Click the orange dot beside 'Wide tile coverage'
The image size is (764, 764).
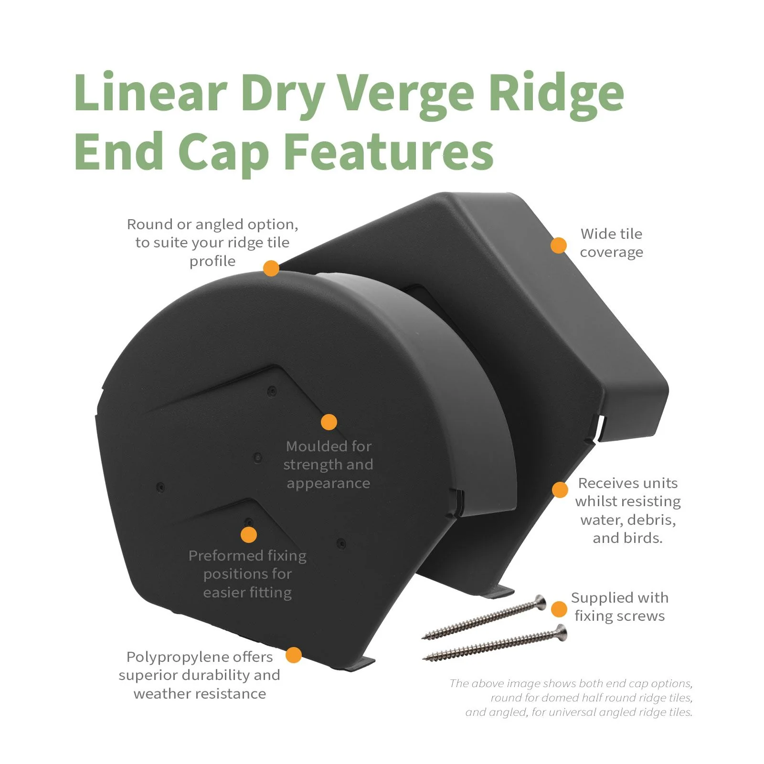coord(558,245)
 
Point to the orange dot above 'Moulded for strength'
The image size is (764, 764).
coord(329,422)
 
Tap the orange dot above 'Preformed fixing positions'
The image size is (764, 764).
coord(248,534)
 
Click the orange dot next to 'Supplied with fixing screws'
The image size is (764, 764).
coord(559,609)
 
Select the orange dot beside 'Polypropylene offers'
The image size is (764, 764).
coord(293,655)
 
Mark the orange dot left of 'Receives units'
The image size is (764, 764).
coord(560,489)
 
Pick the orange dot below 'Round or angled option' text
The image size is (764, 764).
coord(271,268)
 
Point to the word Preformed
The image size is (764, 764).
coord(225,555)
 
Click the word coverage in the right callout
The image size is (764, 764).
coord(611,253)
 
